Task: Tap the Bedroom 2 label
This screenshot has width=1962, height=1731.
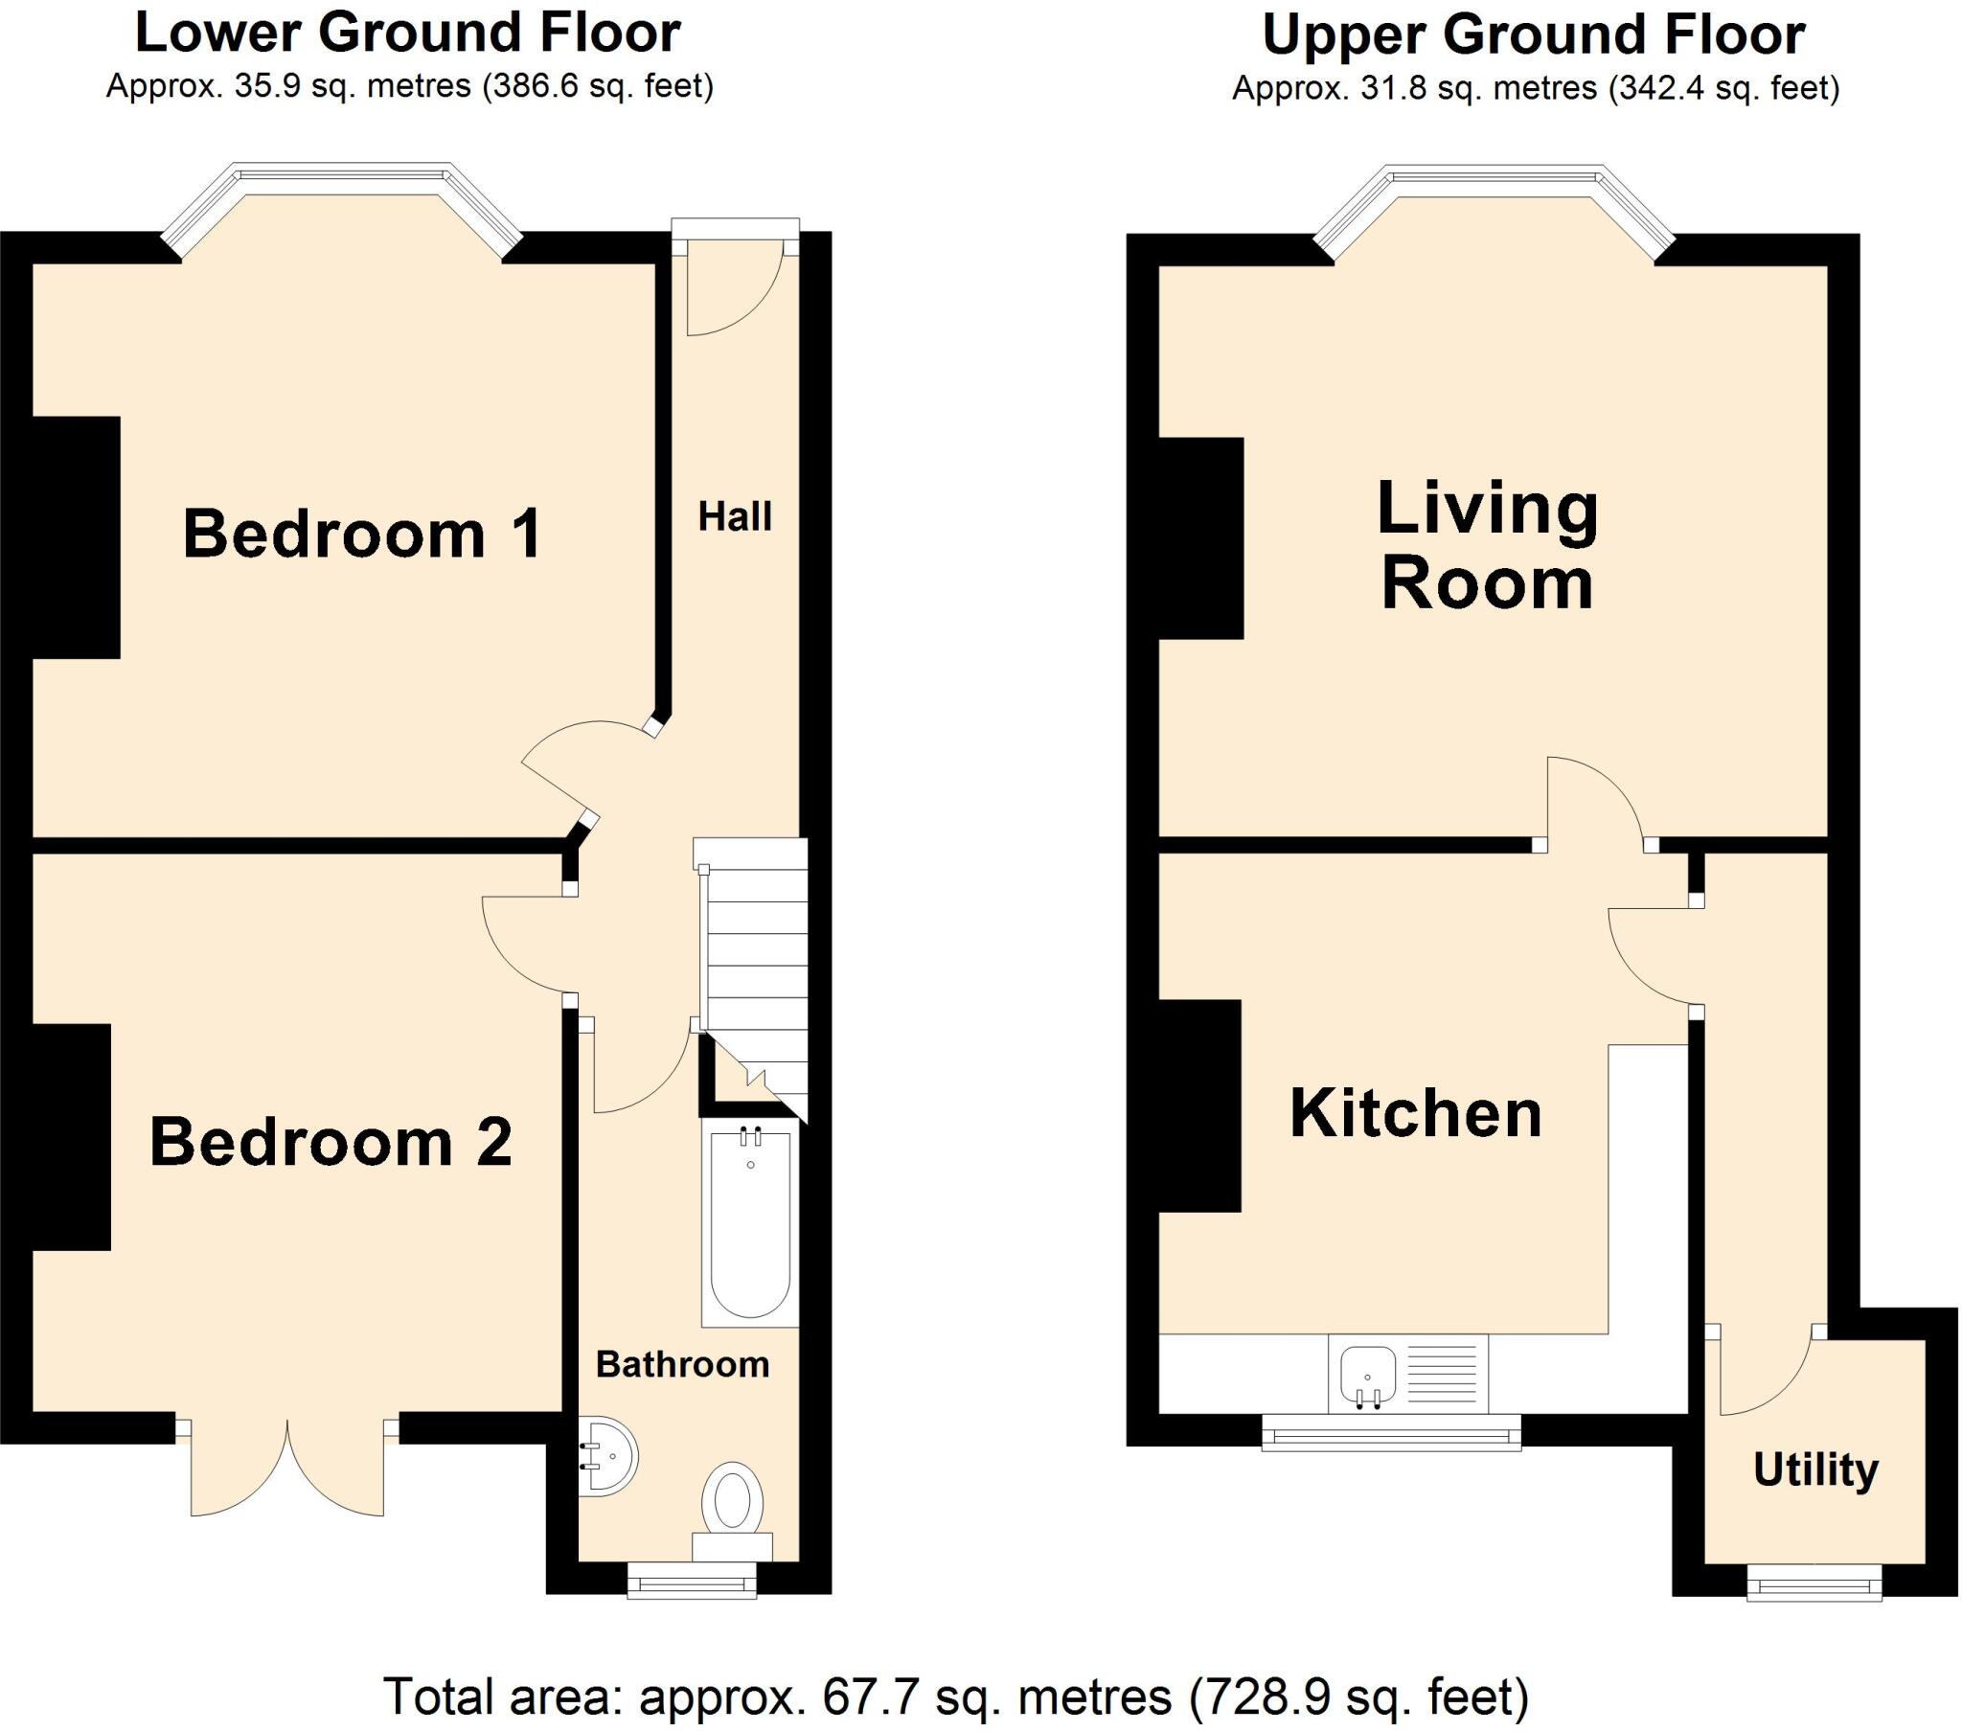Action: [x=331, y=1142]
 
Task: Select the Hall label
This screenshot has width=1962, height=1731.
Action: [x=734, y=516]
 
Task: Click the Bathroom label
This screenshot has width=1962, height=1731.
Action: [x=682, y=1363]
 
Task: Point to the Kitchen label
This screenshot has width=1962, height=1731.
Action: [x=1415, y=1114]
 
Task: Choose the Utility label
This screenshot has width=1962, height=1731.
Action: [x=1815, y=1469]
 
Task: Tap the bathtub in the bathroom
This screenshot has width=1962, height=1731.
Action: [x=750, y=1224]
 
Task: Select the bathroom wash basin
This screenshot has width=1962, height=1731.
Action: [x=608, y=1456]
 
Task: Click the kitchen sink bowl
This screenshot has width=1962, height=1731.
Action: [x=1368, y=1372]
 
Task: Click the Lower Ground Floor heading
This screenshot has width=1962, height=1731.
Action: [x=408, y=33]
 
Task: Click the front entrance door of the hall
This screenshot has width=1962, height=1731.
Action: [x=734, y=288]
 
